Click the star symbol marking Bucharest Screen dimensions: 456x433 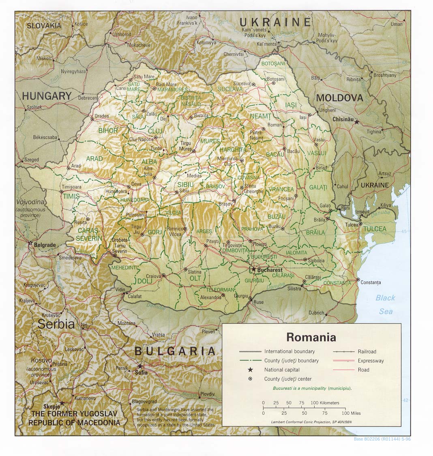[254, 269]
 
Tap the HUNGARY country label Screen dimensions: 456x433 [47, 96]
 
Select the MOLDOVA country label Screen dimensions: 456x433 [339, 98]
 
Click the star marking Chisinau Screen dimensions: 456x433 [357, 121]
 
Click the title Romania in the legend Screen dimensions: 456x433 [311, 337]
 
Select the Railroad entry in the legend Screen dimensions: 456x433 [367, 352]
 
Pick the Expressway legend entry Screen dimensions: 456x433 [371, 360]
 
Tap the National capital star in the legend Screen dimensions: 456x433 [250, 369]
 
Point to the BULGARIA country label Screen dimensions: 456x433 [175, 351]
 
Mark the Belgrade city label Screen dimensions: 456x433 [45, 245]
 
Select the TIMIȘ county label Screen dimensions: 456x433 [71, 196]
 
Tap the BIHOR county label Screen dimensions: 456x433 [108, 130]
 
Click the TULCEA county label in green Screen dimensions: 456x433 [375, 229]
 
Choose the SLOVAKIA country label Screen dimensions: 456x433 [44, 26]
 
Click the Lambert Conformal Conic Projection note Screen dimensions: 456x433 [311, 422]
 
